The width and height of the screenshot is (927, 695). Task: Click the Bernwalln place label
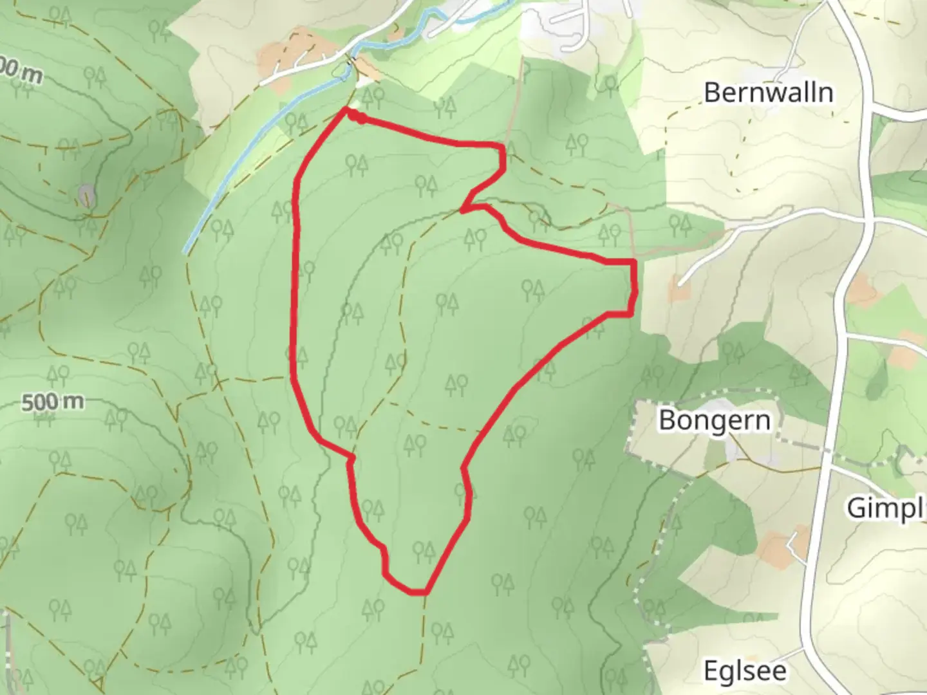tap(768, 93)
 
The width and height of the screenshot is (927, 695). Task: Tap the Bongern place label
tap(715, 420)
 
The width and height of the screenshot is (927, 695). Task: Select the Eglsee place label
tap(745, 671)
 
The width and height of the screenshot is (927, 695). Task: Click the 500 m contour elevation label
tap(53, 402)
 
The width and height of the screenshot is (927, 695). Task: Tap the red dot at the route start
tap(362, 118)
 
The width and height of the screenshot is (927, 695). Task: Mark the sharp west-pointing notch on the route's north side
tap(464, 209)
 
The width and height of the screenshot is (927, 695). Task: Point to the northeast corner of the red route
tap(501, 148)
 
